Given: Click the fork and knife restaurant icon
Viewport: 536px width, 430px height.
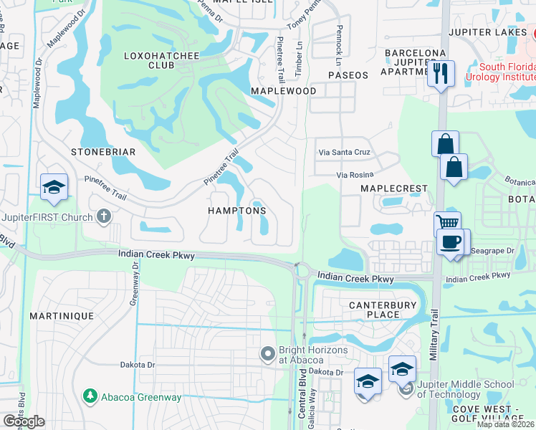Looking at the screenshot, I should pyautogui.click(x=441, y=73).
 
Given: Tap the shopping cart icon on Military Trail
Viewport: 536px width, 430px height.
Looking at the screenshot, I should pyautogui.click(x=448, y=224).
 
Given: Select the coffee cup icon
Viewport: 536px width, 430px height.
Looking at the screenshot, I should pyautogui.click(x=450, y=242).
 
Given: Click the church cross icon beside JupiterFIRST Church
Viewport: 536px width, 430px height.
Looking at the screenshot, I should pyautogui.click(x=104, y=216).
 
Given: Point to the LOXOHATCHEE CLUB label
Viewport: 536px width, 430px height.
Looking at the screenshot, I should pyautogui.click(x=150, y=60).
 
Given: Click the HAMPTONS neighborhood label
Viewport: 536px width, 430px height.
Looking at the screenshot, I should pyautogui.click(x=236, y=211).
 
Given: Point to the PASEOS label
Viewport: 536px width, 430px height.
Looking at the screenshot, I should pyautogui.click(x=348, y=75).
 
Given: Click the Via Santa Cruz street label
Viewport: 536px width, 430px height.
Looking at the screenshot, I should pyautogui.click(x=344, y=152).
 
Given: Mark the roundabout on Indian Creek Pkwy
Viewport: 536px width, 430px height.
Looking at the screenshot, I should pyautogui.click(x=301, y=271).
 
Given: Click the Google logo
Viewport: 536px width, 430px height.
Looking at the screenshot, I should pyautogui.click(x=24, y=421).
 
